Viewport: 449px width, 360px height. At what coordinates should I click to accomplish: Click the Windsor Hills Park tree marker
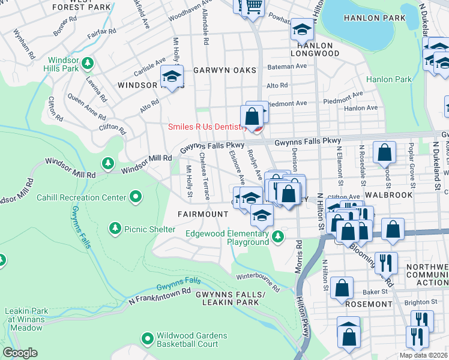pyautogui.click(x=88, y=63)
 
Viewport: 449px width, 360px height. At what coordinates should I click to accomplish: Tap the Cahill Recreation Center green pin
pyautogui.click(x=136, y=197)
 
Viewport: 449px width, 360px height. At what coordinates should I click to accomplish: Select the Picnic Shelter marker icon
pyautogui.click(x=115, y=229)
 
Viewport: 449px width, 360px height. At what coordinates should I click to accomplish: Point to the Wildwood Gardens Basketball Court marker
pyautogui.click(x=147, y=339)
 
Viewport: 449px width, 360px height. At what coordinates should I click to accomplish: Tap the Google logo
pyautogui.click(x=20, y=353)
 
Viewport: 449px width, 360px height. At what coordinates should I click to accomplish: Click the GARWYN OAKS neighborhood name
pyautogui.click(x=220, y=70)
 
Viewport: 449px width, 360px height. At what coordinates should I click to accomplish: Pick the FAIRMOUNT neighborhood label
pyautogui.click(x=202, y=214)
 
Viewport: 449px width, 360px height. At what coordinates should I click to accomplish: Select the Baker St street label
pyautogui.click(x=374, y=292)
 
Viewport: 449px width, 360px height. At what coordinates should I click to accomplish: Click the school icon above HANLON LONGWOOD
pyautogui.click(x=302, y=29)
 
